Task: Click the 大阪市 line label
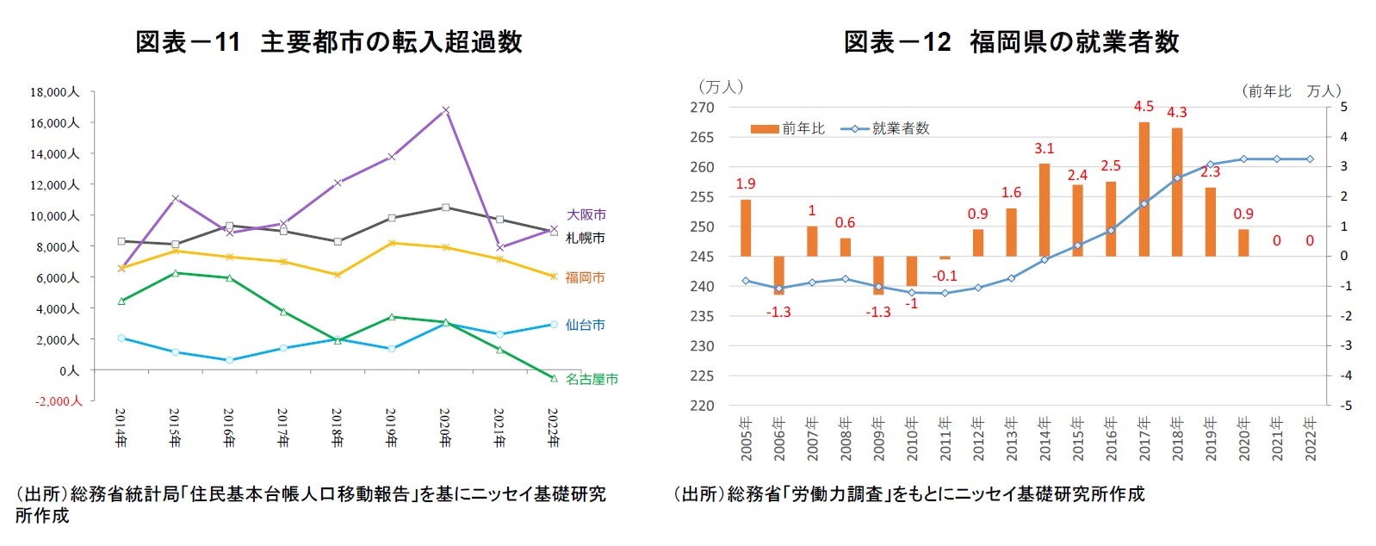coord(586,214)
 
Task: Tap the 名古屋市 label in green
coord(592,379)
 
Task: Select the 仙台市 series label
coord(585,325)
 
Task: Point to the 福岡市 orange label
coord(585,277)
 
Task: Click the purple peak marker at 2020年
coord(445,110)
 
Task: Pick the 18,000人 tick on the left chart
coord(53,92)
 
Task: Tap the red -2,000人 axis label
coord(58,401)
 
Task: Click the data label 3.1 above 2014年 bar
coord(1044,148)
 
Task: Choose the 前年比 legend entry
coord(787,128)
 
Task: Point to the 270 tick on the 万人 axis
coord(702,108)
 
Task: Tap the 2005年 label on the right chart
coord(746,439)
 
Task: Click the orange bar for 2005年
coord(746,227)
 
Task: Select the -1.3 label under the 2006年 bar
coord(778,312)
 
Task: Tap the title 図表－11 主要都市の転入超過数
coord(329,41)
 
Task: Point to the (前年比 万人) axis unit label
coord(1291,90)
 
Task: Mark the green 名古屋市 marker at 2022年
coord(554,378)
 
